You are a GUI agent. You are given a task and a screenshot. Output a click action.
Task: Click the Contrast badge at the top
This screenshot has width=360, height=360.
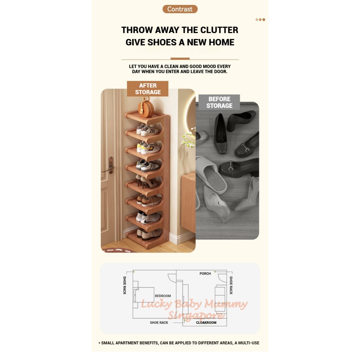coord(180,9)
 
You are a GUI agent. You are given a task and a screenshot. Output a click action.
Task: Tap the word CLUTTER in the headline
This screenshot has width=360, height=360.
coord(219,30)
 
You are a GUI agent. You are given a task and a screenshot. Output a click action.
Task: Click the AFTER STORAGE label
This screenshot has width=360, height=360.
coord(148,89)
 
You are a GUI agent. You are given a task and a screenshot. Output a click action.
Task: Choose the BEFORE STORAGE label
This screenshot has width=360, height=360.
coord(219,102)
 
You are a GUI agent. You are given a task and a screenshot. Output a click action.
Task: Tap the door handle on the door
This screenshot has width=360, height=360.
coord(109,166)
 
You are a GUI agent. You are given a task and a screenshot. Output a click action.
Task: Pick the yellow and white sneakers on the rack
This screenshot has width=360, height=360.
coord(148,148)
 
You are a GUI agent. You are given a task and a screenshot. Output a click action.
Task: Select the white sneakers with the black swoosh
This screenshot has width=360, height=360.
coord(148,218)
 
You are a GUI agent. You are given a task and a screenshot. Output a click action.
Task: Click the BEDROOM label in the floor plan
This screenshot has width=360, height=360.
coord(163,296)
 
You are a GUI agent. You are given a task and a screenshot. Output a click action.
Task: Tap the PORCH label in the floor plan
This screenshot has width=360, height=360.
coord(205,274)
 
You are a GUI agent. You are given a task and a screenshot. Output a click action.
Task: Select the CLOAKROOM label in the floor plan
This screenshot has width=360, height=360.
coord(206,322)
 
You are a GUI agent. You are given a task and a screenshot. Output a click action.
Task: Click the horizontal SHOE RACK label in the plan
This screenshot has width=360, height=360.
coord(159,322)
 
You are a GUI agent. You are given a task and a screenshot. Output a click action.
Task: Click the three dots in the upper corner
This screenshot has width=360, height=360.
coord(261,20)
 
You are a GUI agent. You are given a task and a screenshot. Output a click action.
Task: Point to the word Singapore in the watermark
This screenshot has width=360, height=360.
coord(196,315)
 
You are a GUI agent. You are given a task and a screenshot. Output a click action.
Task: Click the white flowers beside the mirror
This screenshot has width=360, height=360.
coord(188,139)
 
